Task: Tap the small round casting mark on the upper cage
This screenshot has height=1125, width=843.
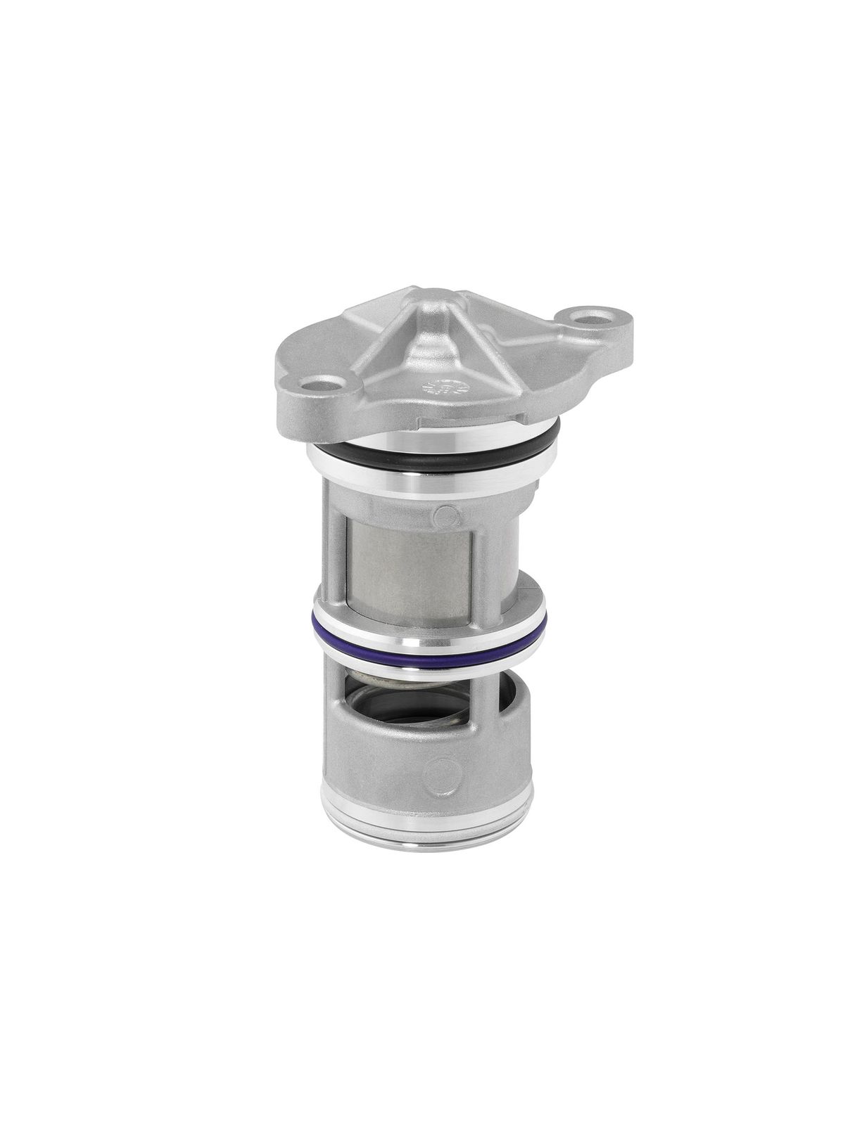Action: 444,514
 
